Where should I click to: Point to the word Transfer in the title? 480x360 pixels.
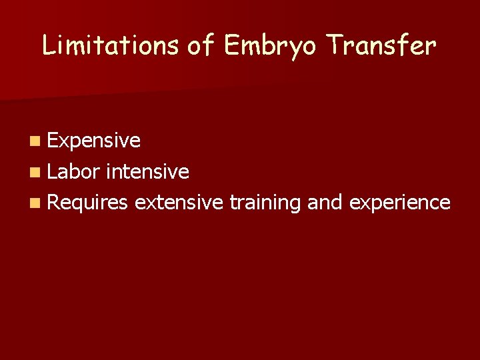pyautogui.click(x=381, y=45)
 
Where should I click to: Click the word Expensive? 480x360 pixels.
pyautogui.click(x=93, y=141)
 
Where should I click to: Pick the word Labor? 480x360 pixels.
pyautogui.click(x=73, y=172)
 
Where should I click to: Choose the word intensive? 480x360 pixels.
pyautogui.click(x=147, y=172)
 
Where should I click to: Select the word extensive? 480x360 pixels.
pyautogui.click(x=178, y=202)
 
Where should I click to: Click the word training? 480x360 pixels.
pyautogui.click(x=265, y=203)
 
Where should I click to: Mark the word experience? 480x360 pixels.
pyautogui.click(x=397, y=203)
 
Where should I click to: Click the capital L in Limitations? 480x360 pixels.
pyautogui.click(x=48, y=45)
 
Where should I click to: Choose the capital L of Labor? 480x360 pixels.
pyautogui.click(x=52, y=172)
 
